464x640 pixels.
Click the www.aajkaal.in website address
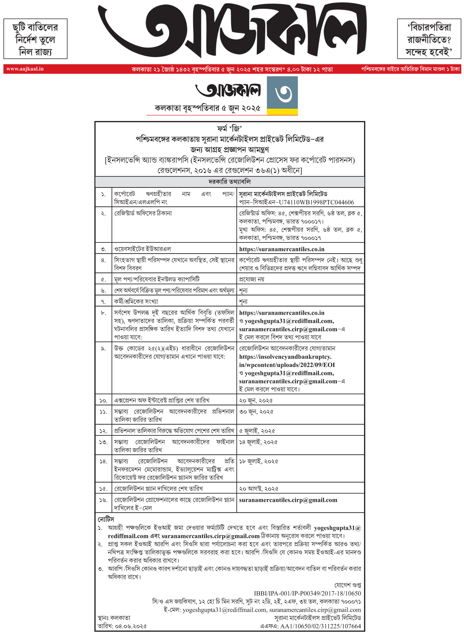click(x=25, y=69)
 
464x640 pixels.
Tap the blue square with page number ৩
click(x=282, y=93)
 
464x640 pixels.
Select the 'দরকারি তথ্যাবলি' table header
click(x=229, y=182)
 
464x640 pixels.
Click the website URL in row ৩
click(x=282, y=249)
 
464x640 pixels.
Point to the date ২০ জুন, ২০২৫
click(x=256, y=400)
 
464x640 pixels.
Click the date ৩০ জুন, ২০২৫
click(x=256, y=412)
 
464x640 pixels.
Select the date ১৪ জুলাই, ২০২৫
click(x=258, y=442)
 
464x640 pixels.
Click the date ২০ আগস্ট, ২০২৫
click(x=258, y=488)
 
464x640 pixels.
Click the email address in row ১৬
click(x=288, y=500)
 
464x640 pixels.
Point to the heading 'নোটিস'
click(x=106, y=519)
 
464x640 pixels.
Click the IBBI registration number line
click(x=307, y=593)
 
